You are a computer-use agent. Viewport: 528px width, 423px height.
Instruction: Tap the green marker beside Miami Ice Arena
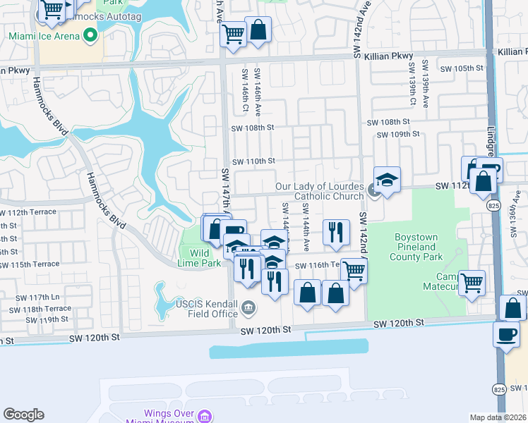(89, 35)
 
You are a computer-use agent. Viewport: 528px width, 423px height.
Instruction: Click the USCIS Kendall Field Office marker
(248, 307)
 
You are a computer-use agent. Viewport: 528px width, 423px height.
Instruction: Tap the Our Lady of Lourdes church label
(320, 191)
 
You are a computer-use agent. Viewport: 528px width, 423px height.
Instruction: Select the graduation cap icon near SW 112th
(387, 180)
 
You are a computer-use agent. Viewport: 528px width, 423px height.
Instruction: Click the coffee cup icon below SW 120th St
(506, 334)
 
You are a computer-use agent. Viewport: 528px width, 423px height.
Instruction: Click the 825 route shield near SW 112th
(494, 204)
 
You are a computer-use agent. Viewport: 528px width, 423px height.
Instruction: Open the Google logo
(24, 415)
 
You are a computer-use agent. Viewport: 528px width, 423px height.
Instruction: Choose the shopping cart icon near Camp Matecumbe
(472, 283)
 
